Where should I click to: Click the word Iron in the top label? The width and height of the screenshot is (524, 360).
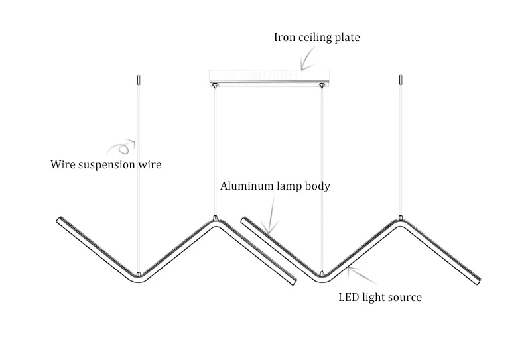pyautogui.click(x=285, y=38)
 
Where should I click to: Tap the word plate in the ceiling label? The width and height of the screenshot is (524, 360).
pyautogui.click(x=346, y=38)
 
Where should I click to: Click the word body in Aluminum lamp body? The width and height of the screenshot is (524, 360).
pyautogui.click(x=317, y=186)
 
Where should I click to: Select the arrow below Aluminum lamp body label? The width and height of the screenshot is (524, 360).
pyautogui.click(x=270, y=219)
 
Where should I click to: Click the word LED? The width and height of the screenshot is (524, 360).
pyautogui.click(x=349, y=298)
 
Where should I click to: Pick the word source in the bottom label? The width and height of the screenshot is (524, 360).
pyautogui.click(x=404, y=298)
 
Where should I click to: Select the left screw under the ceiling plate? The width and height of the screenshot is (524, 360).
pyautogui.click(x=215, y=85)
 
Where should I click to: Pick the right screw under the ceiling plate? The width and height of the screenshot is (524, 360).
pyautogui.click(x=322, y=85)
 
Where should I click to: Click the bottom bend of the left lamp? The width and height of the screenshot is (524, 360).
pyautogui.click(x=138, y=275)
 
